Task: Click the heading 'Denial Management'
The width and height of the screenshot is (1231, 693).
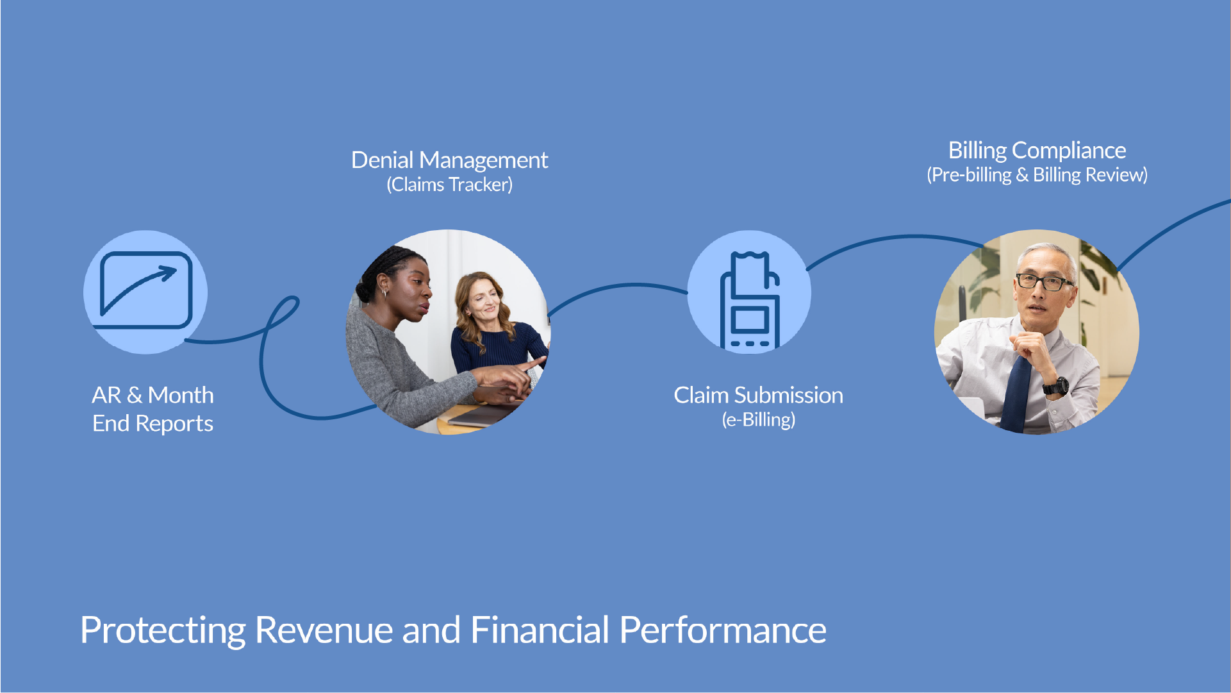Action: (449, 160)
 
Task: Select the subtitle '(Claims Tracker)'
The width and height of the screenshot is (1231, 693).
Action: (449, 185)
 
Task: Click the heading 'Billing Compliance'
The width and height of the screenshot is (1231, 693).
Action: (1037, 151)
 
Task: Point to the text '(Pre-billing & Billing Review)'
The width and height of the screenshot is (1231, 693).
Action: (1037, 175)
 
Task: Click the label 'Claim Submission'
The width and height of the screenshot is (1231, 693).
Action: (758, 395)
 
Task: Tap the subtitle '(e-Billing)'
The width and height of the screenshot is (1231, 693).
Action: (758, 420)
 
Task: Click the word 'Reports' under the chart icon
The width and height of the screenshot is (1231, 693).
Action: (174, 424)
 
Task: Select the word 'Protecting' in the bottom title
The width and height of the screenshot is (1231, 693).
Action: (163, 631)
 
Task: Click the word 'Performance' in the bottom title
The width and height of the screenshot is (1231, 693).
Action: (723, 631)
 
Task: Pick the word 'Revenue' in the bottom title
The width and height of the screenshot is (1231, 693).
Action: (324, 630)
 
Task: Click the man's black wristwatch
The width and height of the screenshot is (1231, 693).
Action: (1055, 386)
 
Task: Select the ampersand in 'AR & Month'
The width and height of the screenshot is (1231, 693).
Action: (135, 396)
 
